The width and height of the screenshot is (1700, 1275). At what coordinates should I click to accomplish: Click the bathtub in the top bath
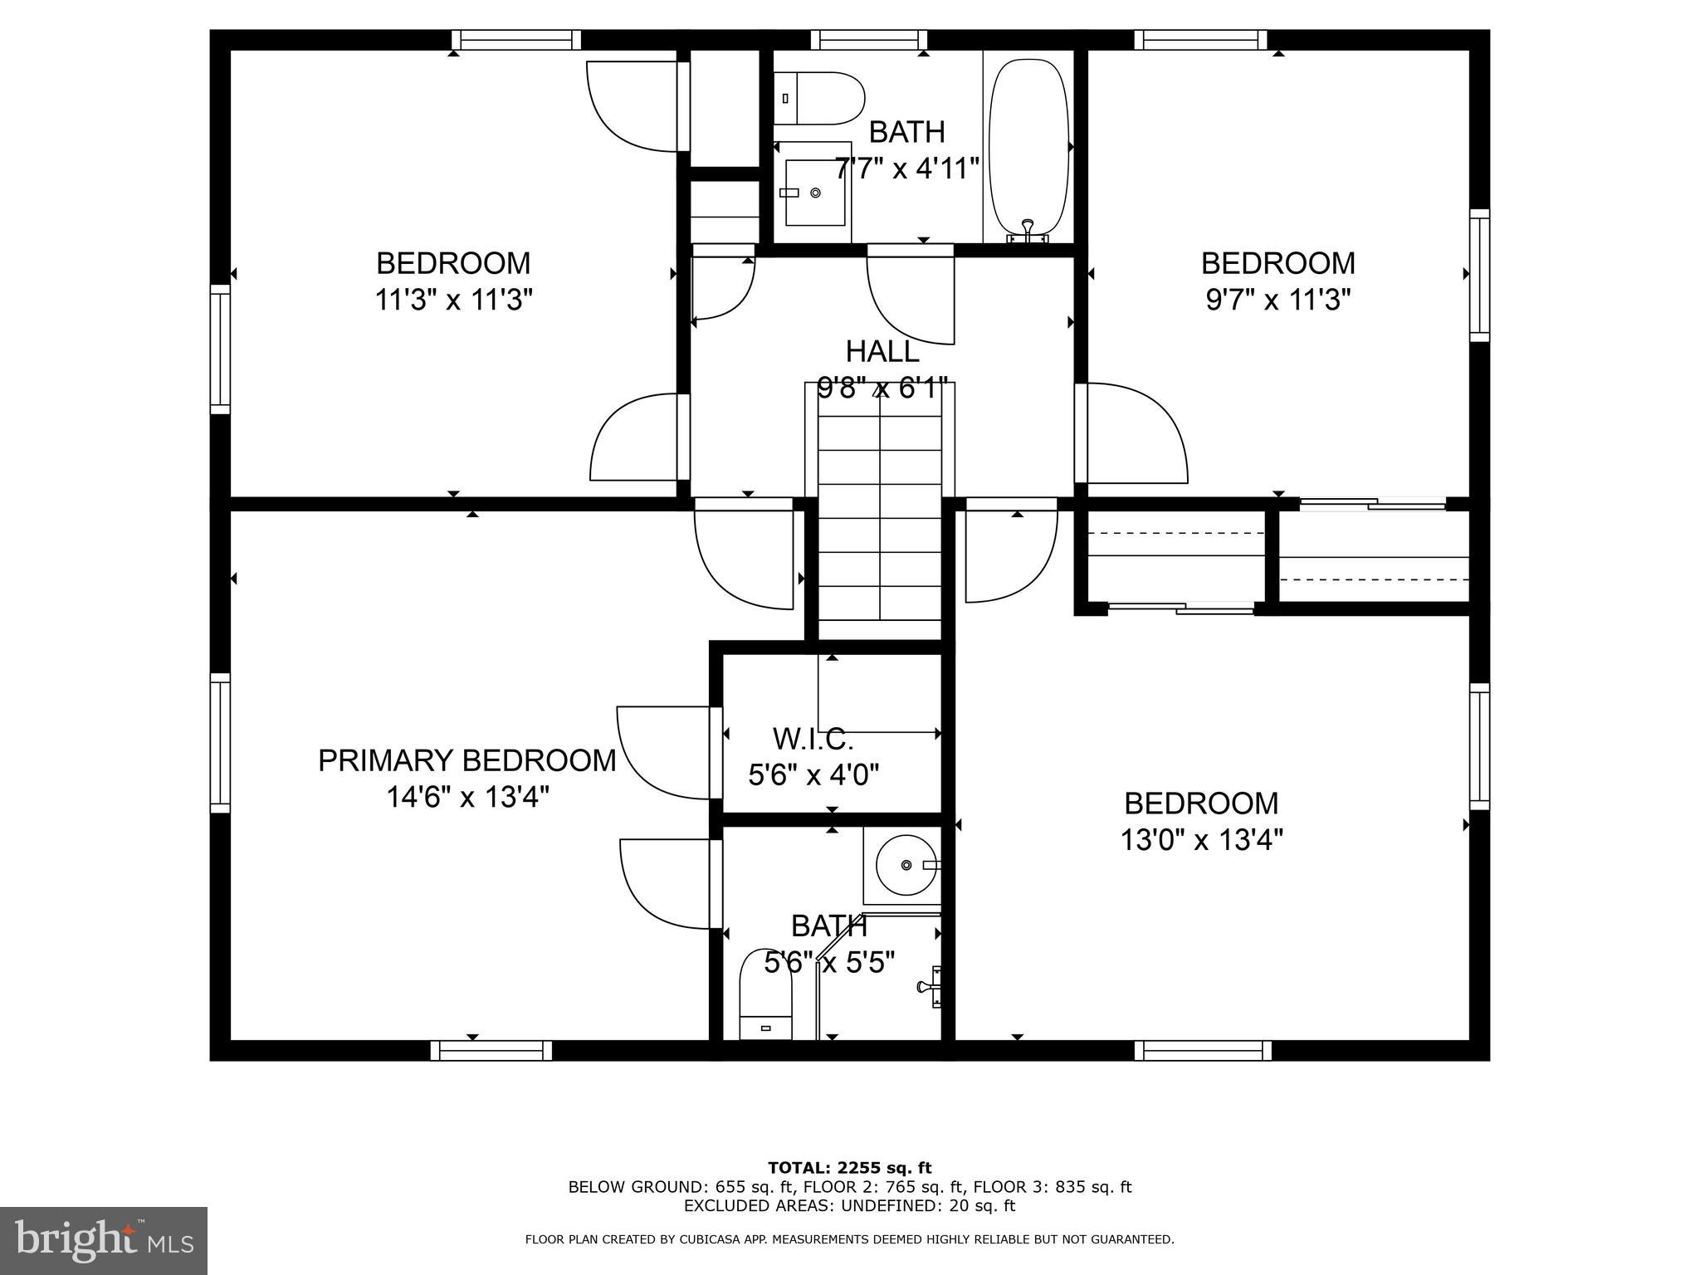pos(1029,148)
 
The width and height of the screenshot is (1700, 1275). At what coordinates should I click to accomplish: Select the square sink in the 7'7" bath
pos(814,193)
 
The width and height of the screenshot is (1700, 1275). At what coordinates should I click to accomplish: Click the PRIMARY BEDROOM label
pos(467,760)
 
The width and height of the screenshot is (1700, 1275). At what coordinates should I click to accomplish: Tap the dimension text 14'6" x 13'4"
pos(467,798)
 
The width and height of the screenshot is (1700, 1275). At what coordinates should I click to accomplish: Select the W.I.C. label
pos(813,738)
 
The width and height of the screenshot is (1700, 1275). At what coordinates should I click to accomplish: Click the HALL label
pos(882,351)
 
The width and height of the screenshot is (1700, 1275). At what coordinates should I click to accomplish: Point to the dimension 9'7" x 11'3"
pos(1278,300)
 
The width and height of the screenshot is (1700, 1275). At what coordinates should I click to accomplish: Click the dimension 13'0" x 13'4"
pos(1201,841)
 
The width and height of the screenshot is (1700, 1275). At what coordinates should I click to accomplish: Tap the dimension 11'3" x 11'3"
pos(453,300)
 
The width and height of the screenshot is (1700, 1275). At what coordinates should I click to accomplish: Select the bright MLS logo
pos(104,1240)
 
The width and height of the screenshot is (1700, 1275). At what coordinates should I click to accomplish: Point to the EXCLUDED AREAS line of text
pos(849,1205)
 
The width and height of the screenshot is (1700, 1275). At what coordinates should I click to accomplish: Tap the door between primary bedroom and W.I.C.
pos(664,751)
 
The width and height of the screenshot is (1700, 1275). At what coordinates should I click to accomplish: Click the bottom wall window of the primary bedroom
pos(491,1051)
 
